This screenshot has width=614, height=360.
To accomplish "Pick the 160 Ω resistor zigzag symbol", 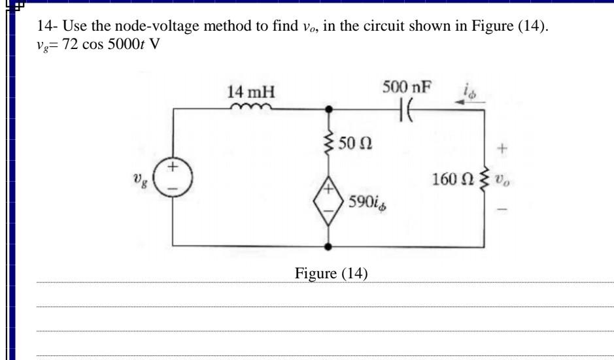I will pos(485,180).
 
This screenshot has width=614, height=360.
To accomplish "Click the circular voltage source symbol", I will pos(173,178).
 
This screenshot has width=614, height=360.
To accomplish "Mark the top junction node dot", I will pos(328,109).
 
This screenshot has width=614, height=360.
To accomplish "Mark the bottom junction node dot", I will pos(328,248).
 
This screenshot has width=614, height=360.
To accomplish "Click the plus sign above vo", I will pos(503,148).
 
